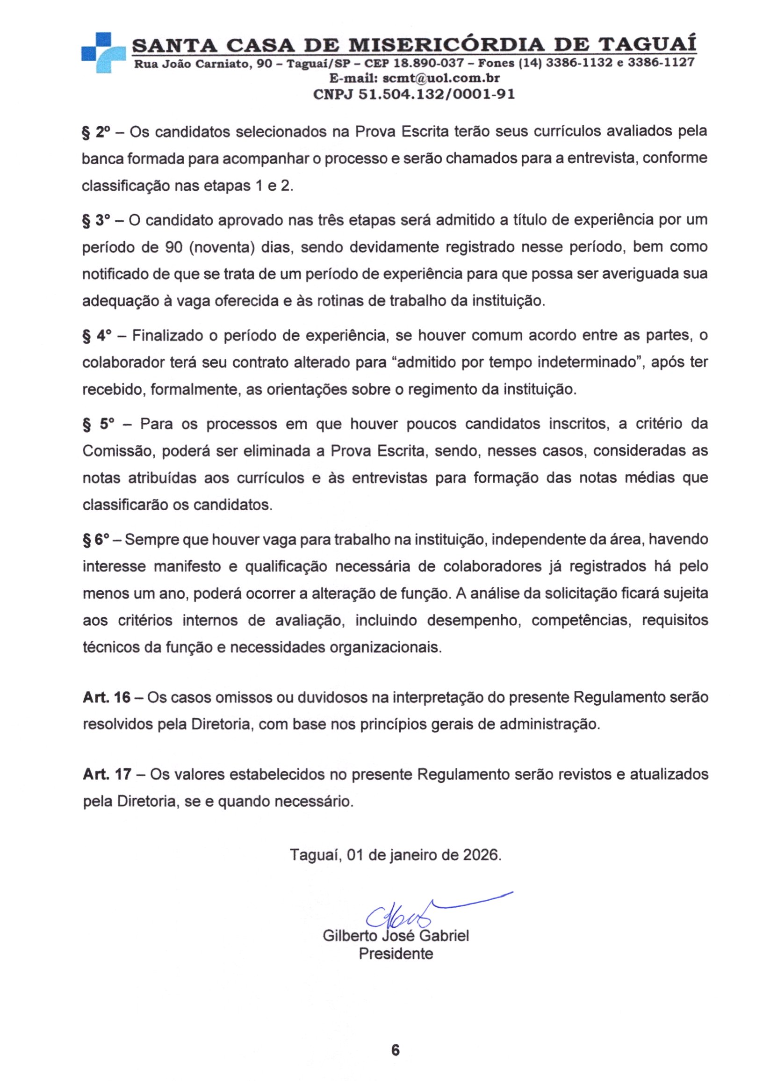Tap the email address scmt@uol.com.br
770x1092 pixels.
(x=441, y=78)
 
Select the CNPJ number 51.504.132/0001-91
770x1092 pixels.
(x=436, y=94)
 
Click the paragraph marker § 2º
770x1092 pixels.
(x=95, y=132)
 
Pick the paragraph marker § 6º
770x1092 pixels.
(x=95, y=539)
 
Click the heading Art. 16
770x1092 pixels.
(x=106, y=698)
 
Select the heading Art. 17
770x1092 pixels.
(x=107, y=774)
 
